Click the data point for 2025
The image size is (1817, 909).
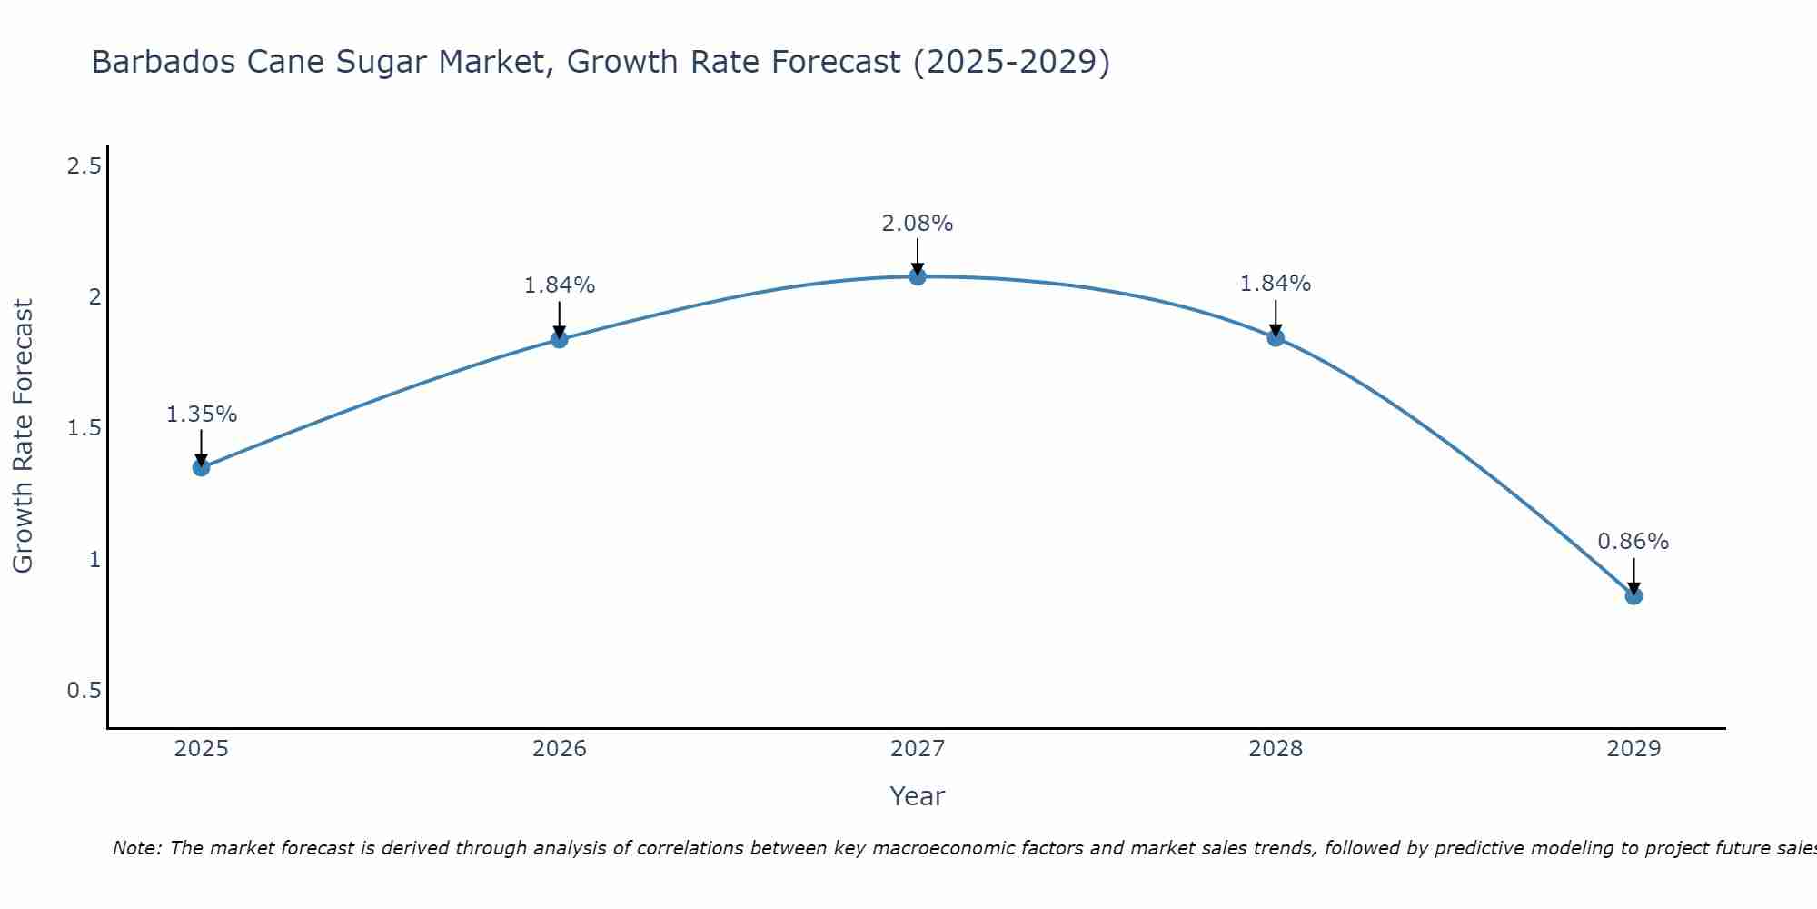coord(201,468)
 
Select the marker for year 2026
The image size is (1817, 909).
coord(560,340)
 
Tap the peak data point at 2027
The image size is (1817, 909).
coord(918,276)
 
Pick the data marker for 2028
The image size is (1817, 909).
coord(1276,338)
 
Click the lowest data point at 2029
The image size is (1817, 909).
coord(1633,596)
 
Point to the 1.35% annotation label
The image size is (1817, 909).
coord(201,415)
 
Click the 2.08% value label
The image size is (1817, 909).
coord(918,224)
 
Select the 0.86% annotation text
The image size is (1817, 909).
coord(1633,542)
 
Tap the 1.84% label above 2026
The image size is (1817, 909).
coord(560,285)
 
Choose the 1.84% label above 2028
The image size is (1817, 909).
coord(1276,284)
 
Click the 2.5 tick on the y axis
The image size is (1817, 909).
coord(84,165)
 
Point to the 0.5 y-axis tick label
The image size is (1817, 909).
coord(84,691)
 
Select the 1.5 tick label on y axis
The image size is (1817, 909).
coord(84,428)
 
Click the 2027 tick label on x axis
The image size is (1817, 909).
coord(918,749)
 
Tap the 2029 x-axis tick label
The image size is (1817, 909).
coord(1633,749)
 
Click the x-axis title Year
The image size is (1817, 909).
coord(918,796)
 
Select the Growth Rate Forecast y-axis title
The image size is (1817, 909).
coord(24,436)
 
